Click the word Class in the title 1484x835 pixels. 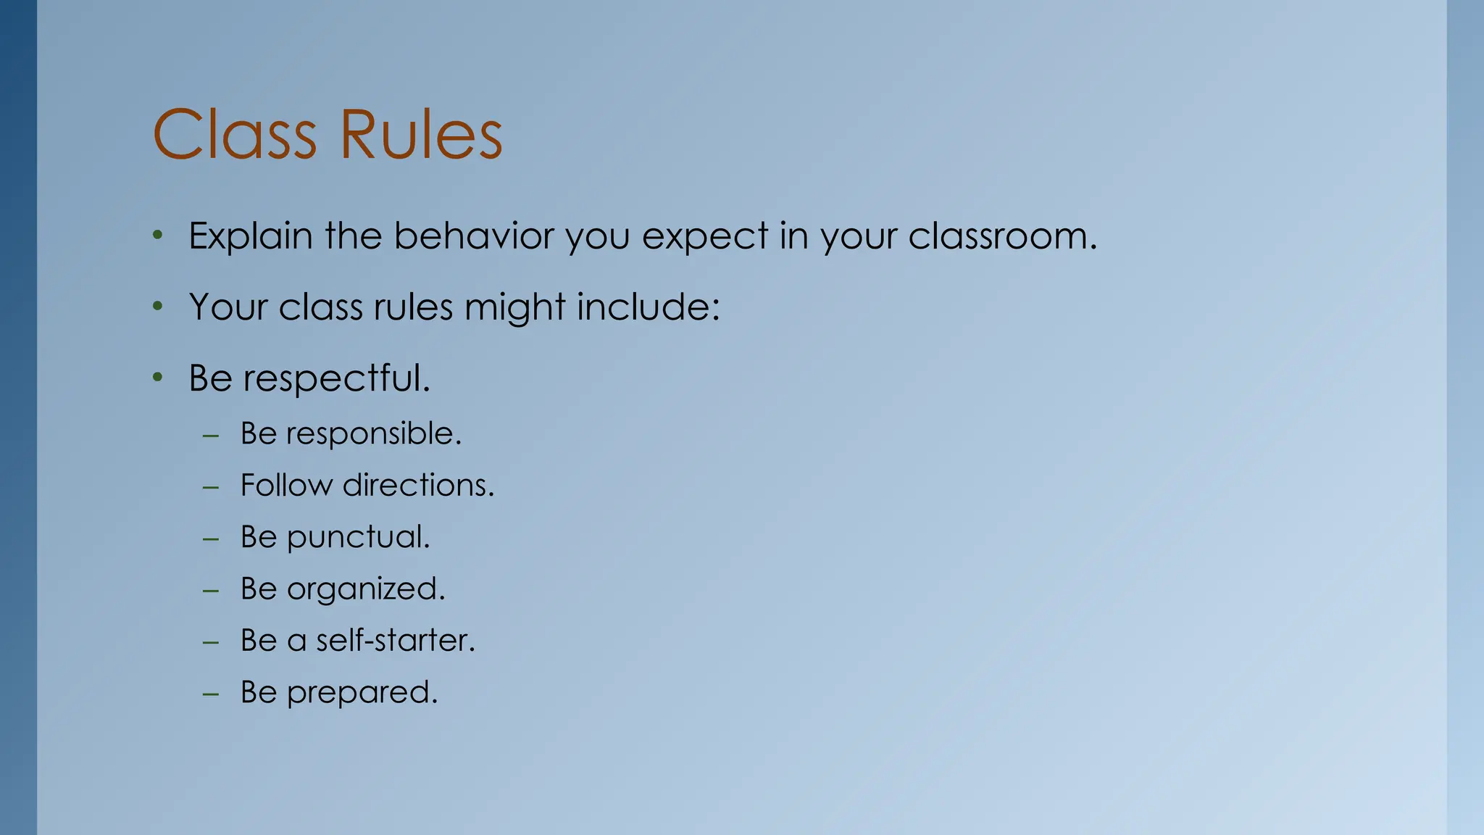235,135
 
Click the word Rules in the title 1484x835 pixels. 421,135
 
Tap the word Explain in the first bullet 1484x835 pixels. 251,236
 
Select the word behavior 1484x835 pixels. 474,236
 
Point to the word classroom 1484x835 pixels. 1002,236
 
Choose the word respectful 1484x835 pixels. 336,378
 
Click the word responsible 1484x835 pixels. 373,433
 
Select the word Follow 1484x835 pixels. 286,485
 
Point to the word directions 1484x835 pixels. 418,485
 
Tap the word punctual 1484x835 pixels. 358,537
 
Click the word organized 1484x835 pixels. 366,589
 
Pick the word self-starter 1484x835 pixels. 396,641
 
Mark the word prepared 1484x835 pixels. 362,693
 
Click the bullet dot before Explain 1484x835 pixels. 158,236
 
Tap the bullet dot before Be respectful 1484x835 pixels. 158,378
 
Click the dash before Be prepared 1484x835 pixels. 211,694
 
